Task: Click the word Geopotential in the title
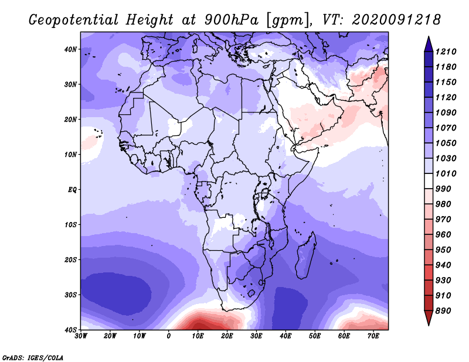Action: coord(74,20)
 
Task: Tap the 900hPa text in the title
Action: coord(231,20)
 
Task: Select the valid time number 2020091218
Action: coord(396,20)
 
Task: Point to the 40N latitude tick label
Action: coord(70,49)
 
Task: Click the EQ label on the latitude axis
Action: coord(72,190)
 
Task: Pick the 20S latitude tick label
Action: coord(70,259)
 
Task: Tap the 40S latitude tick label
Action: coord(70,330)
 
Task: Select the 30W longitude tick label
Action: coord(81,336)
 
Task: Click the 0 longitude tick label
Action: coord(169,336)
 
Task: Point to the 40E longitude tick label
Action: coord(286,336)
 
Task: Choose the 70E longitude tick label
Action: coord(373,336)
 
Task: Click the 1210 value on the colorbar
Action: coord(446,52)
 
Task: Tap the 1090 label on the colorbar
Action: coord(446,112)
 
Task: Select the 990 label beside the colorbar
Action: coord(443,189)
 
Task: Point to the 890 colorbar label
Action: coord(443,311)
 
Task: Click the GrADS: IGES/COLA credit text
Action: coord(33,357)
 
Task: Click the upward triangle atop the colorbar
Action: coord(429,44)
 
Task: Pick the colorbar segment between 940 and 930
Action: coord(429,272)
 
